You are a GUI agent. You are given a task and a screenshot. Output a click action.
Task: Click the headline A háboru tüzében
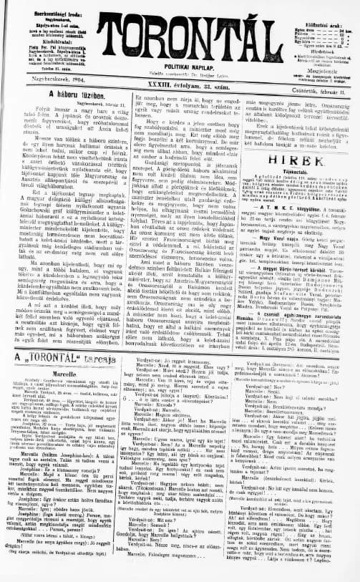[61, 94]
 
